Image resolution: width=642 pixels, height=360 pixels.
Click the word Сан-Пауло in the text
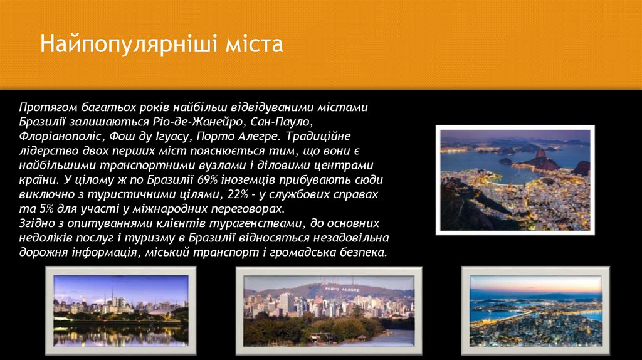click(x=282, y=121)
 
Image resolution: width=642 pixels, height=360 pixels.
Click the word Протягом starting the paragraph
click(x=44, y=107)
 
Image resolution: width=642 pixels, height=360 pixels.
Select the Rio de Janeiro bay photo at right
click(x=515, y=181)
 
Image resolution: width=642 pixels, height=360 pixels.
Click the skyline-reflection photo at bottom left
click(x=120, y=310)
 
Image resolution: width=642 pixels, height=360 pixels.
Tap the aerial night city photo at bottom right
click(x=535, y=311)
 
